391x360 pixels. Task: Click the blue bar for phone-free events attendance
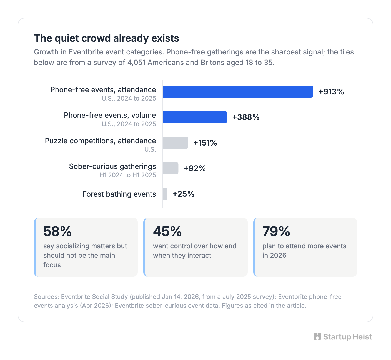238,92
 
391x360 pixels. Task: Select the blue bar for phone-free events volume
195,117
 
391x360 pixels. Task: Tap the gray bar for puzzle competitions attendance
176,143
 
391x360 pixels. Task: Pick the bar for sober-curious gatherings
171,168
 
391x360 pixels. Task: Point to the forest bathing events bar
165,194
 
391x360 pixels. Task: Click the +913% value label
331,92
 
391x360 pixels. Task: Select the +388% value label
246,117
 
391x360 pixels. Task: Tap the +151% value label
205,143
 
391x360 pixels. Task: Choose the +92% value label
195,169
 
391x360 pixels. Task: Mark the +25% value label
183,194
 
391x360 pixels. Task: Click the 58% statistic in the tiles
57,231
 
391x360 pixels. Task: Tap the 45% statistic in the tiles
167,231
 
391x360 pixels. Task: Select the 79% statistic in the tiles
276,231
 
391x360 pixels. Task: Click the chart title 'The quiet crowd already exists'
107,38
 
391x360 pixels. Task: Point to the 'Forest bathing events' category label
119,194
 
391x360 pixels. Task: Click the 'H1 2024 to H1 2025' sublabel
128,175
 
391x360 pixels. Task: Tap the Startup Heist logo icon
317,336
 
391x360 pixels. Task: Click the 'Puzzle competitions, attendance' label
100,141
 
